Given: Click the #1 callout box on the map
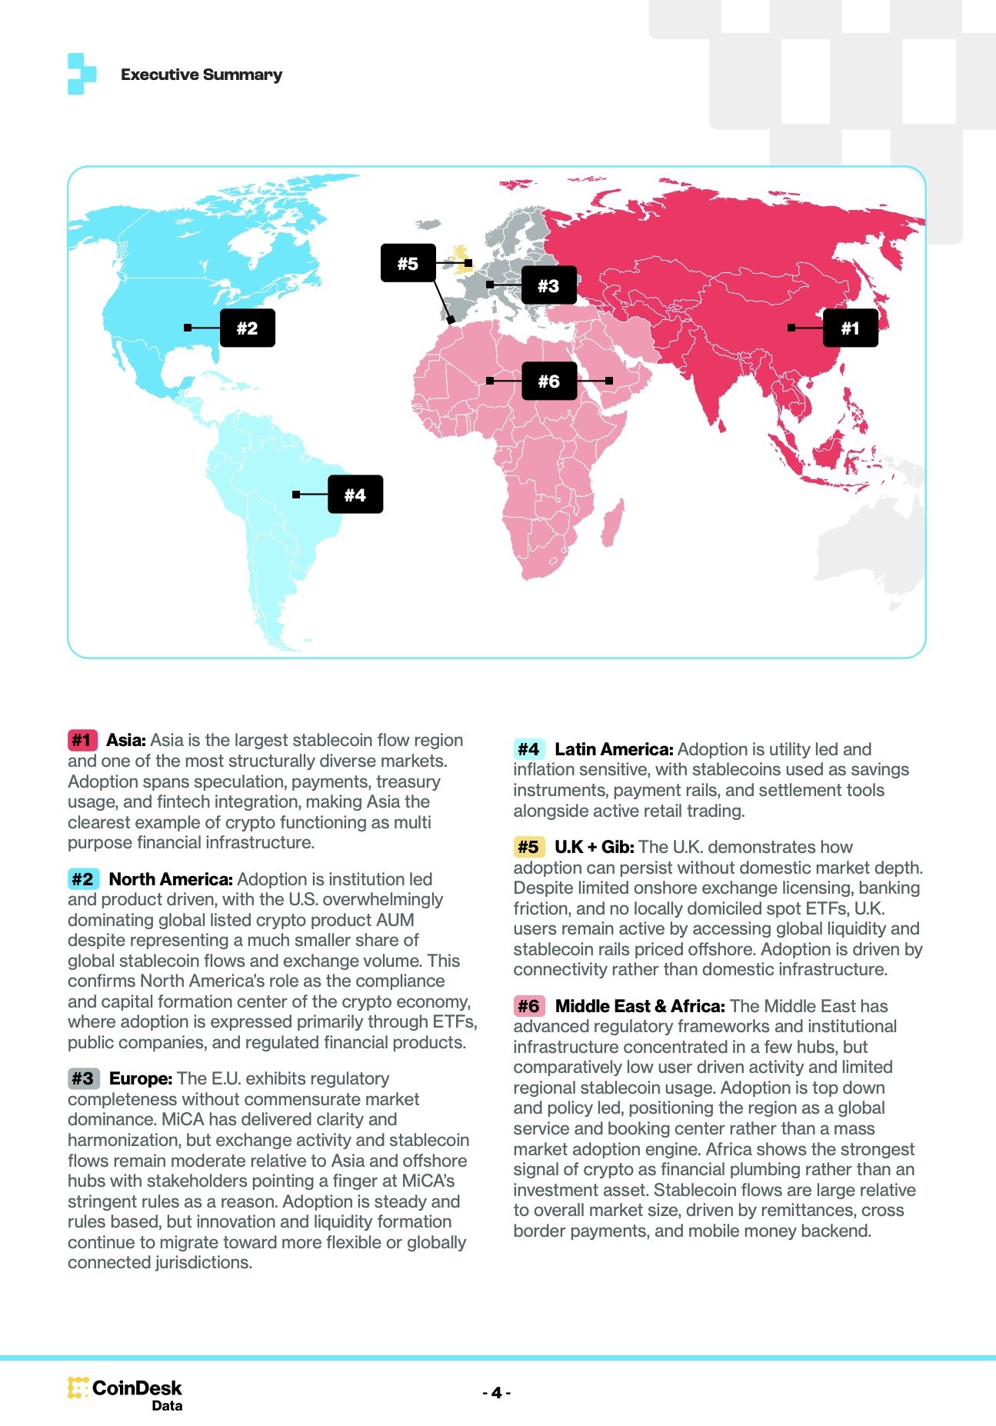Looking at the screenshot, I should click(850, 328).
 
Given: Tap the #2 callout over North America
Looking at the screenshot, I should click(247, 328).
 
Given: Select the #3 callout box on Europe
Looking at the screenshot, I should click(548, 286).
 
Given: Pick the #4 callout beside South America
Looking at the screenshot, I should click(355, 495).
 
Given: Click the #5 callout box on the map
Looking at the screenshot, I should click(408, 263).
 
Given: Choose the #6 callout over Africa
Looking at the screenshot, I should click(548, 381).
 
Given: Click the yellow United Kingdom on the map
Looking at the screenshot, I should click(461, 257).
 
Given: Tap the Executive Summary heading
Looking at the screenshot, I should click(202, 75).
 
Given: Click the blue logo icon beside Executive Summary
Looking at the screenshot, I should click(82, 74).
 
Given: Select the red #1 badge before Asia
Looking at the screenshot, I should click(82, 740).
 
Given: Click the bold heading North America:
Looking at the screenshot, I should click(171, 879).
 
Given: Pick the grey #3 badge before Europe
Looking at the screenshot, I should click(82, 1078).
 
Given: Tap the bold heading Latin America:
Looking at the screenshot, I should click(614, 749).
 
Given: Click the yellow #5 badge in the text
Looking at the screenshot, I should click(528, 847).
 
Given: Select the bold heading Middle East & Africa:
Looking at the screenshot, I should click(640, 1006).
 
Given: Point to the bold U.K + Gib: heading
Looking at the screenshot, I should click(594, 847).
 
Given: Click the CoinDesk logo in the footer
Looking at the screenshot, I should click(125, 1388).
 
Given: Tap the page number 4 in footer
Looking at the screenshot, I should click(497, 1393).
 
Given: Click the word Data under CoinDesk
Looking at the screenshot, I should click(167, 1406).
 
